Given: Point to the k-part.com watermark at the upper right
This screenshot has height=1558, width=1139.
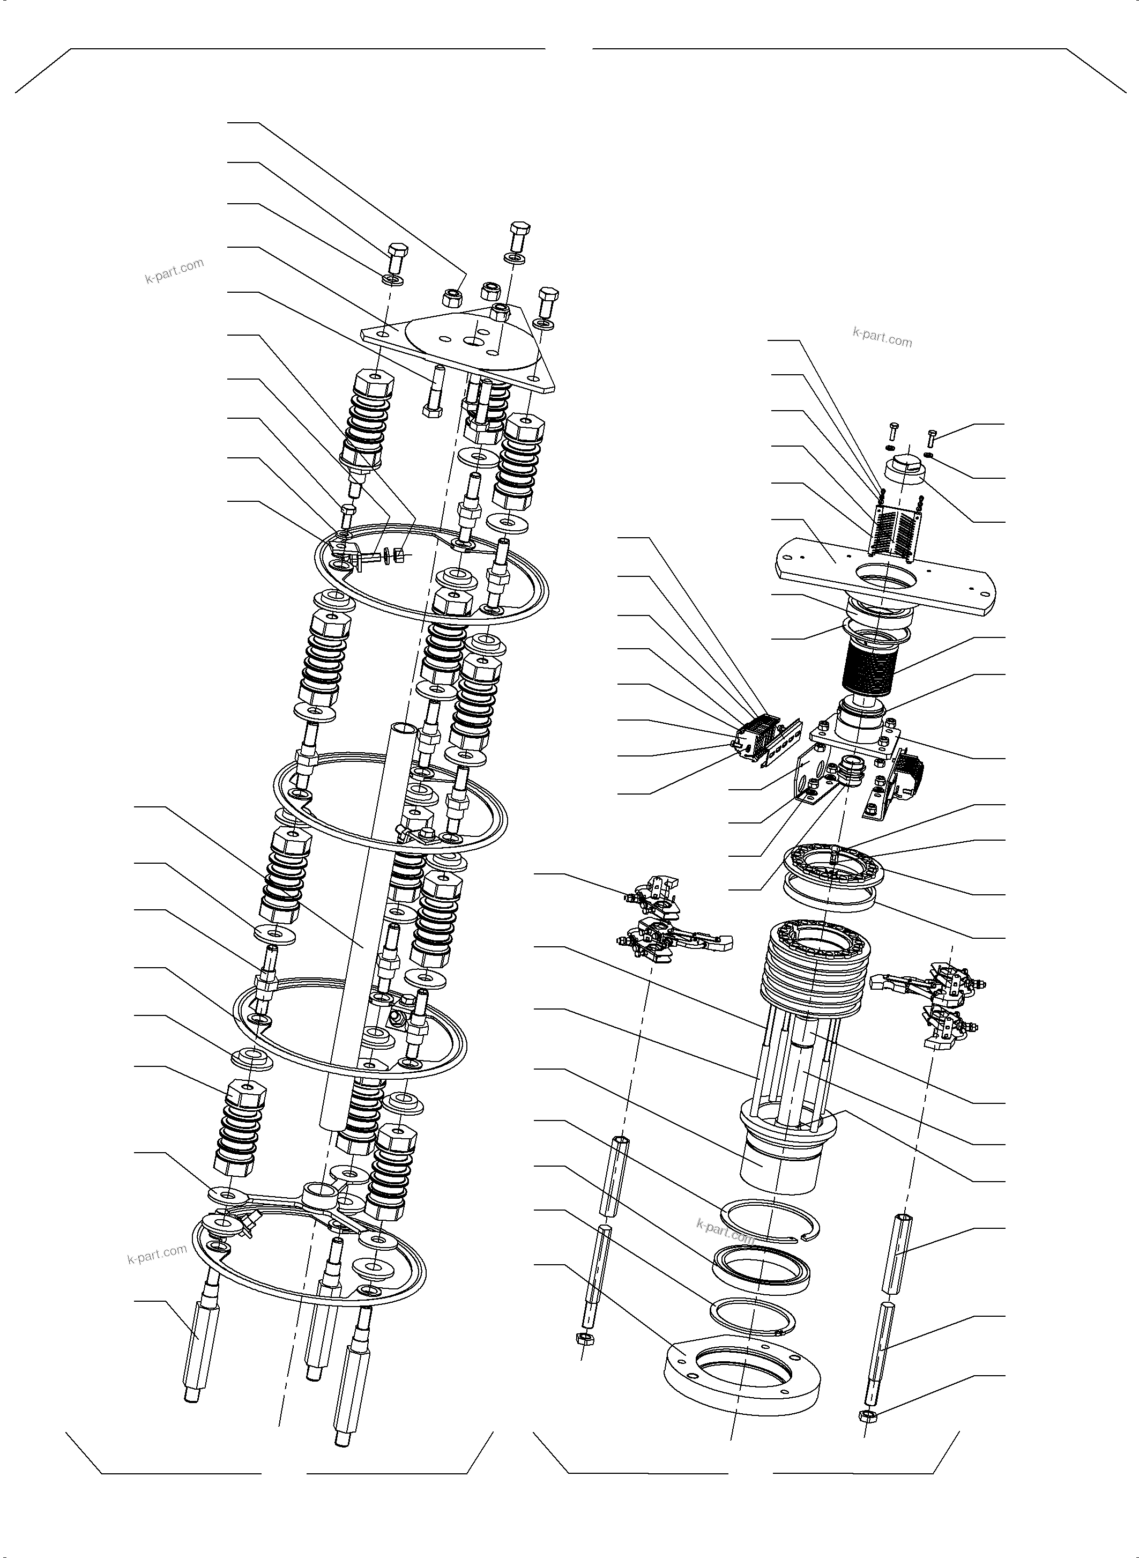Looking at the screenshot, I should [882, 337].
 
